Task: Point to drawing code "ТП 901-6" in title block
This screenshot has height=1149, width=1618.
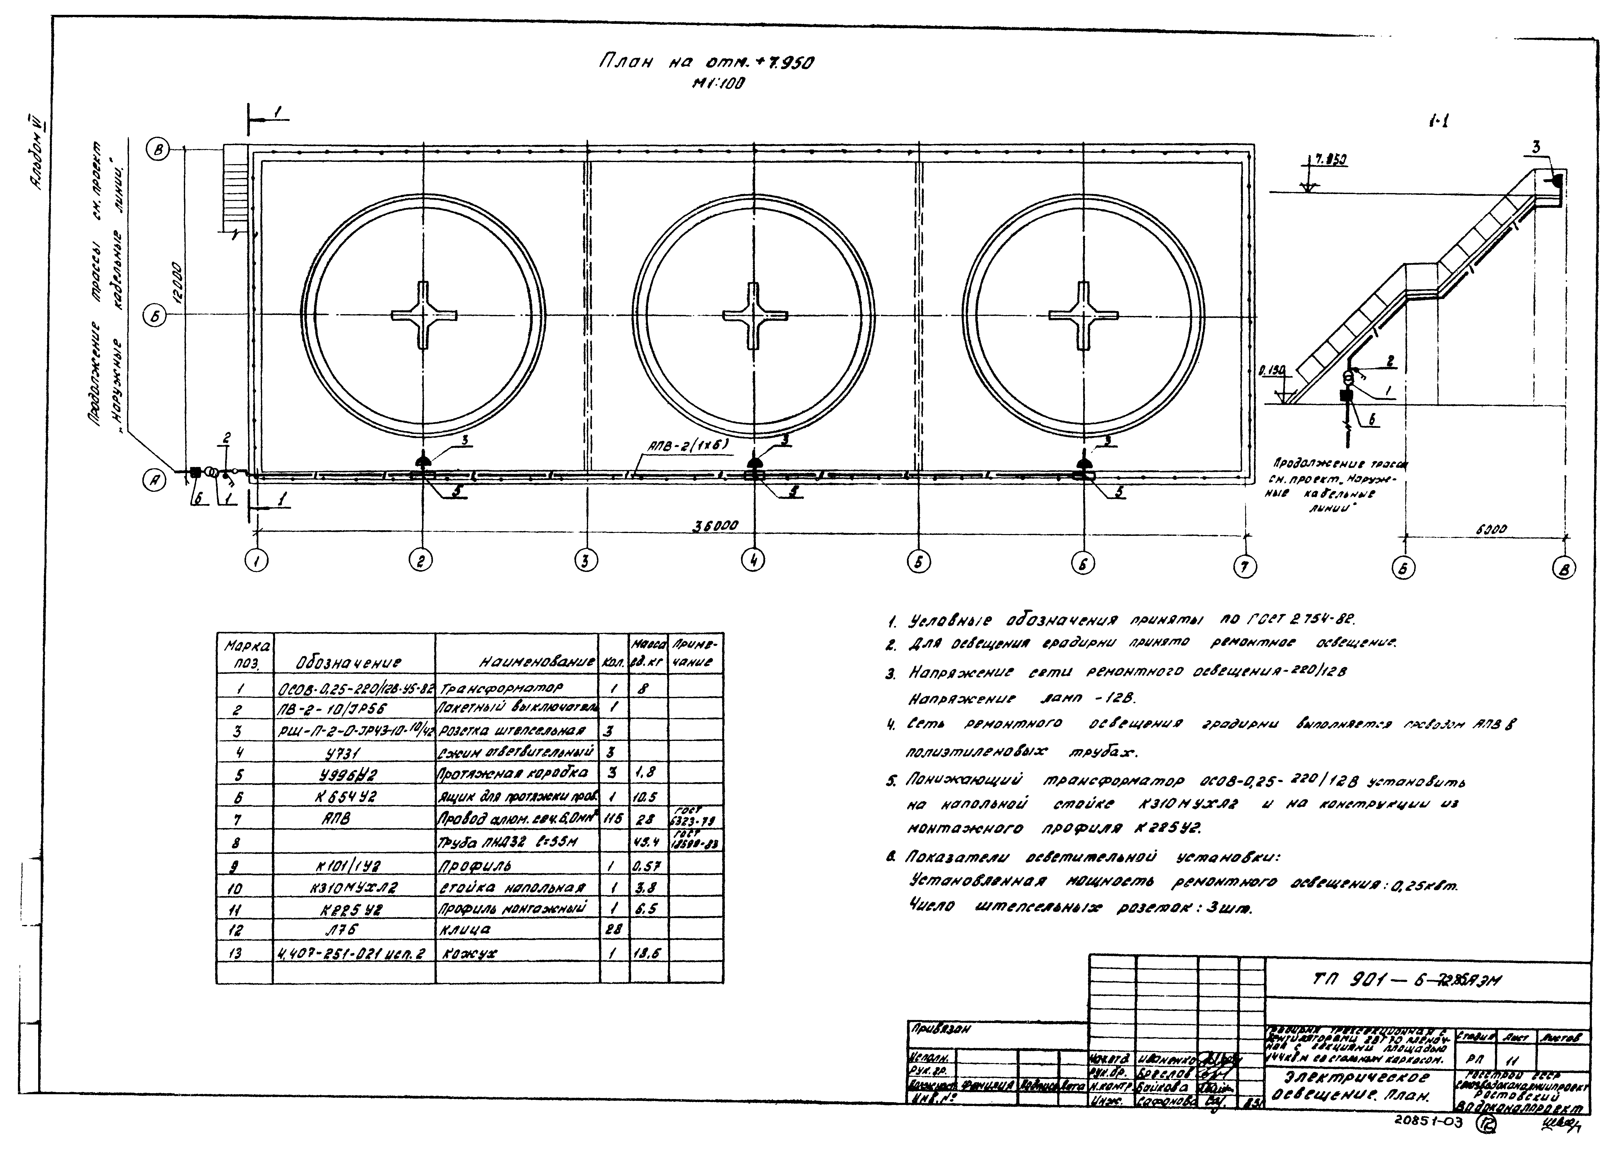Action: point(1366,980)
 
